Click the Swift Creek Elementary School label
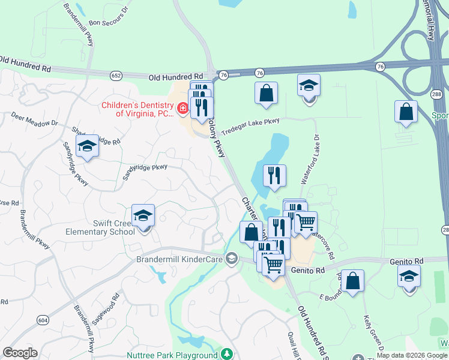pyautogui.click(x=106, y=227)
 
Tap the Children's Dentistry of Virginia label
pyautogui.click(x=137, y=109)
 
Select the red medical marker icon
pyautogui.click(x=182, y=109)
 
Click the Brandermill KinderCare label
pyautogui.click(x=179, y=259)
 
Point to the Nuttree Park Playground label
pyautogui.click(x=172, y=355)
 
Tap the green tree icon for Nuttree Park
pyautogui.click(x=226, y=354)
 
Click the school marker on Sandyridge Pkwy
pyautogui.click(x=88, y=146)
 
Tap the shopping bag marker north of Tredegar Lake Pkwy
pyautogui.click(x=265, y=94)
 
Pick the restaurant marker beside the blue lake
pyautogui.click(x=274, y=175)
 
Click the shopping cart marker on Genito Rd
pyautogui.click(x=273, y=264)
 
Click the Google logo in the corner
pyautogui.click(x=20, y=353)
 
